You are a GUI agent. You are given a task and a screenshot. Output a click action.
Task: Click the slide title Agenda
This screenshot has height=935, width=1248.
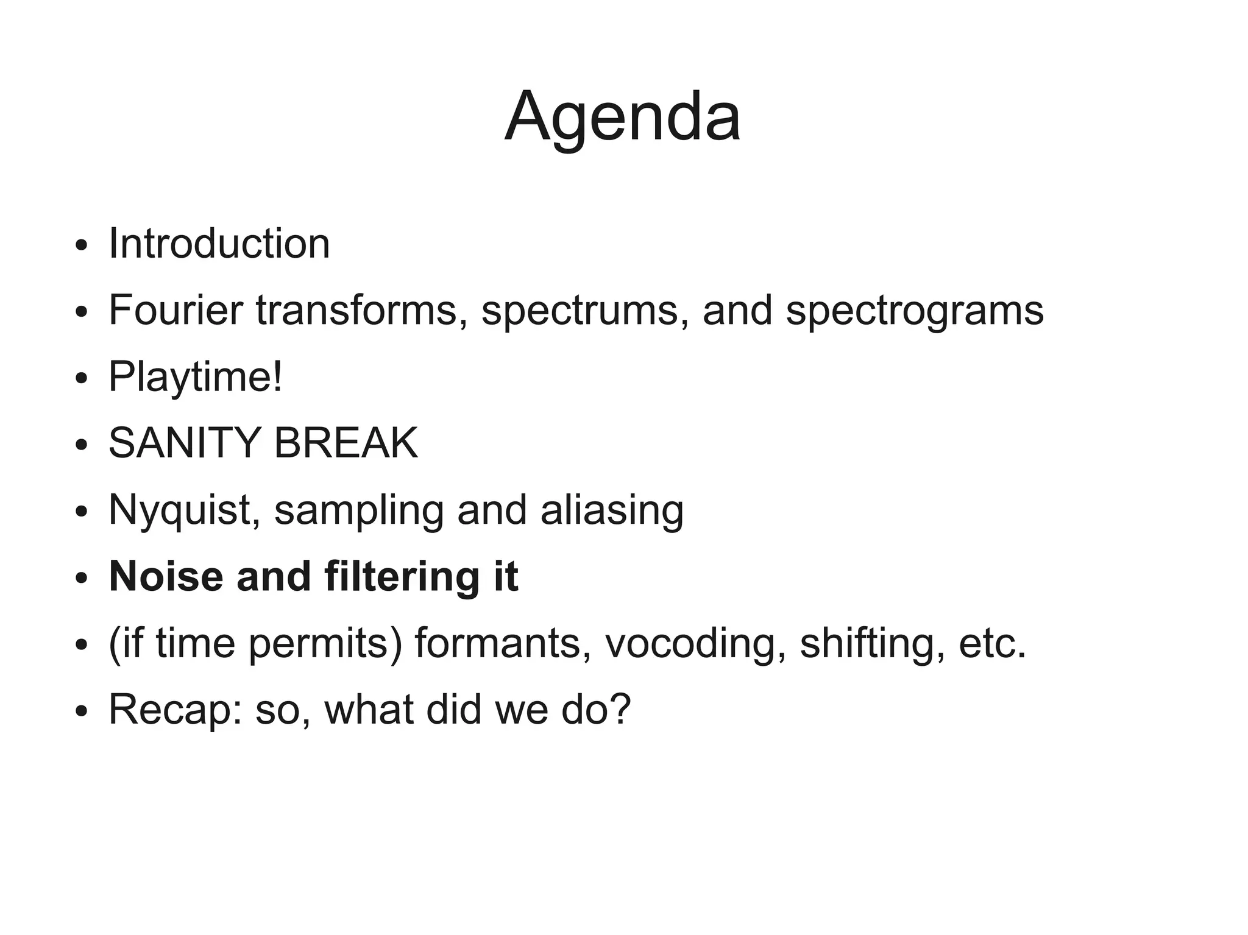(x=623, y=117)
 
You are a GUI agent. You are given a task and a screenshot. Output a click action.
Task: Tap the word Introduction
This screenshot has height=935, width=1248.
(x=219, y=244)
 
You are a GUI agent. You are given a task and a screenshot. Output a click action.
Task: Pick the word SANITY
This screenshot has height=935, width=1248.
(x=185, y=443)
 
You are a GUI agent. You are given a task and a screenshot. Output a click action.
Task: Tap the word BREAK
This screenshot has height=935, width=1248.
(x=346, y=443)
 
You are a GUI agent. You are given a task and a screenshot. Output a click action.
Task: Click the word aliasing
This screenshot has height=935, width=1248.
(x=612, y=510)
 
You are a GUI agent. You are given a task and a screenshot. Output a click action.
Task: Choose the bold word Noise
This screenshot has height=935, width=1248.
(x=166, y=576)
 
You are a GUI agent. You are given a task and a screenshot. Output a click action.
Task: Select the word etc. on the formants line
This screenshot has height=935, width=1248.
(x=992, y=643)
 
